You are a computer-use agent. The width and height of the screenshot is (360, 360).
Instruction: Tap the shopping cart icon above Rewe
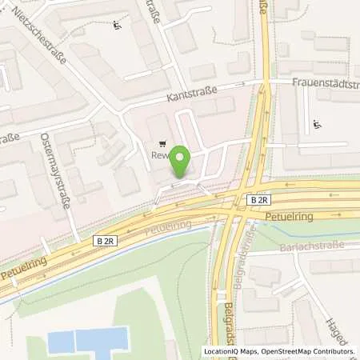(x=163, y=145)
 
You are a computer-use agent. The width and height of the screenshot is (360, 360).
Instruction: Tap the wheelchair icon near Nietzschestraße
(x=118, y=23)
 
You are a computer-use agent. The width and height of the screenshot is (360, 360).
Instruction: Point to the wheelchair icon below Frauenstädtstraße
(x=318, y=123)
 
